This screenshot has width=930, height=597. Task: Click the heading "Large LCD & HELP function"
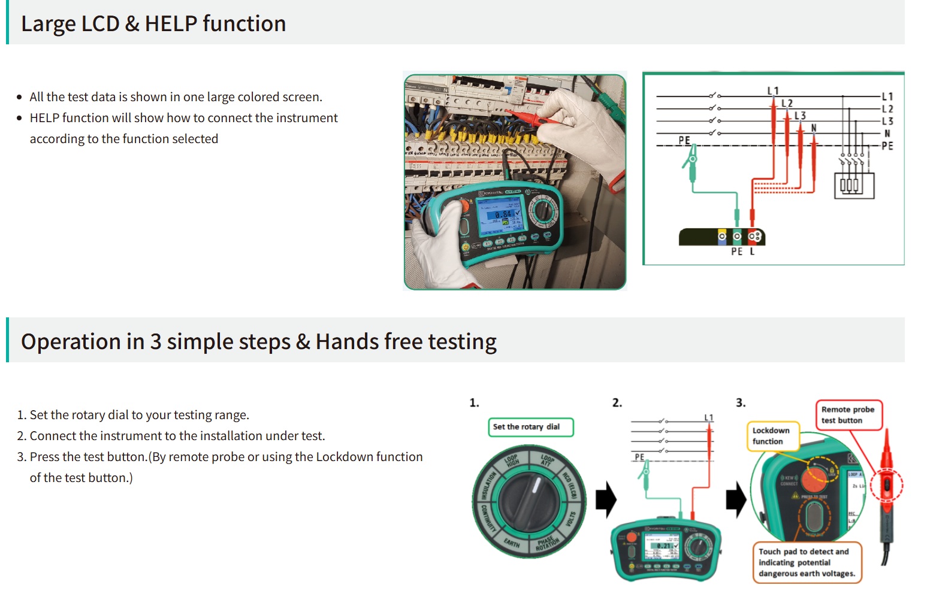[153, 24]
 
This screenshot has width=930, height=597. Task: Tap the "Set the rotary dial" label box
[530, 427]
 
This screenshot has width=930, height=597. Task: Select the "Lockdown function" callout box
[772, 436]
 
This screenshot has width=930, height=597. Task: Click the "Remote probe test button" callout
[848, 415]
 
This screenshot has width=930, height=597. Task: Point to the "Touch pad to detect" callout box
[807, 562]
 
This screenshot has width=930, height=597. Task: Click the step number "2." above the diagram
[617, 403]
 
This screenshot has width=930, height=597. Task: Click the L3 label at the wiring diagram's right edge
[887, 121]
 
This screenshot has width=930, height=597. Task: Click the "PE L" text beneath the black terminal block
[742, 252]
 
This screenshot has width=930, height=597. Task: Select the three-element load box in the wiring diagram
[854, 185]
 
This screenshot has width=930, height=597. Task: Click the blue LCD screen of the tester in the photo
[500, 214]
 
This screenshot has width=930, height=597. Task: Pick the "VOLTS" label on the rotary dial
[571, 519]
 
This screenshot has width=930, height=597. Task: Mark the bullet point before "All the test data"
[20, 97]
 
